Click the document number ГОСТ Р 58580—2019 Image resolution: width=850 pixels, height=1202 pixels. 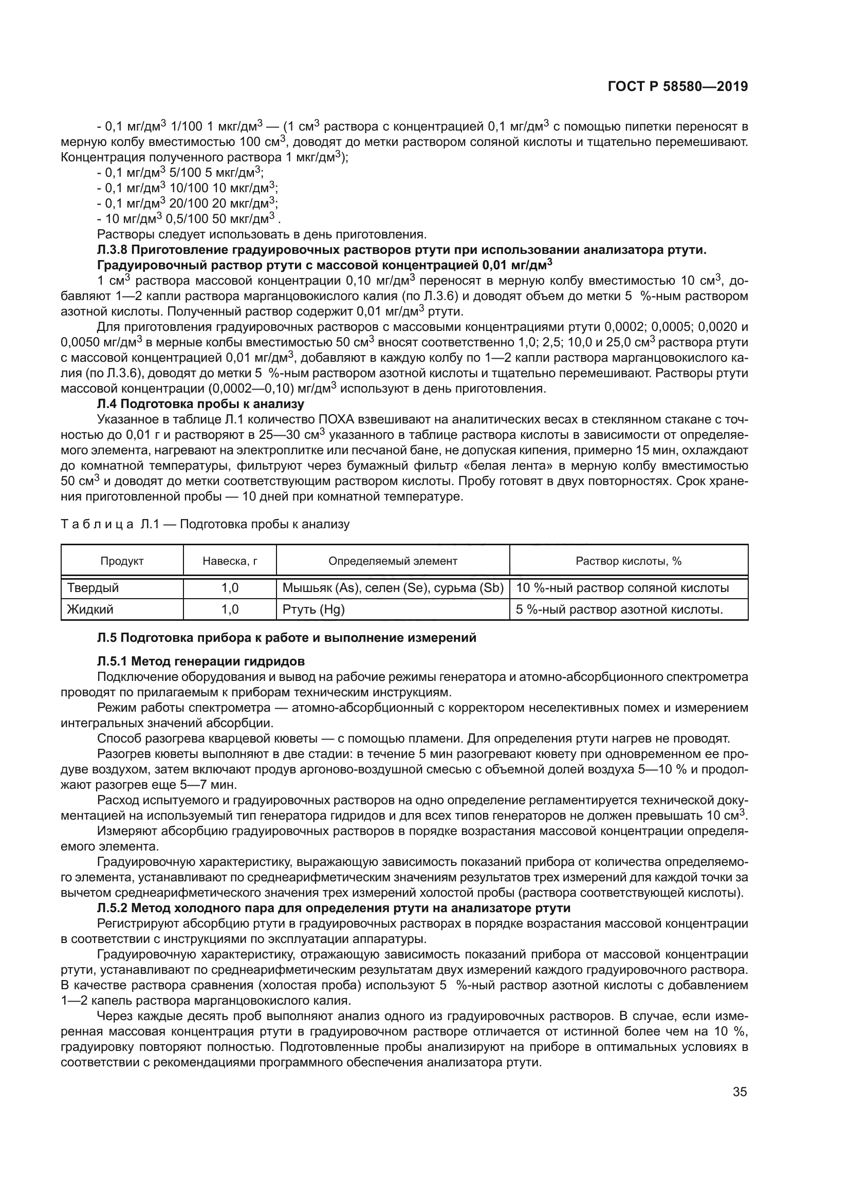(x=677, y=86)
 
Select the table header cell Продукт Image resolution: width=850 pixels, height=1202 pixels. (x=122, y=561)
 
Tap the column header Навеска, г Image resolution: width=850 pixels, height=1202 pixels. (x=230, y=561)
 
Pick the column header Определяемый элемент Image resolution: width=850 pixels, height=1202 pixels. (x=393, y=561)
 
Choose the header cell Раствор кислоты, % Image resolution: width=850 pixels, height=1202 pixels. (x=628, y=561)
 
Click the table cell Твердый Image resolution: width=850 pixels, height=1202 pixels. (x=93, y=588)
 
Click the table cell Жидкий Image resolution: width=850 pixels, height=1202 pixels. (x=90, y=609)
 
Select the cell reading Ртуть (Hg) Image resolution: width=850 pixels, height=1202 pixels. (x=313, y=609)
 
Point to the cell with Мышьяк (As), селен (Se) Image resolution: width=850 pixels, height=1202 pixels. (x=393, y=588)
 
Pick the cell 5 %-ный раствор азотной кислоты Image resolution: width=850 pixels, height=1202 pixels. (x=619, y=609)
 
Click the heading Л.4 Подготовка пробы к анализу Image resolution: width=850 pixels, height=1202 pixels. (x=200, y=403)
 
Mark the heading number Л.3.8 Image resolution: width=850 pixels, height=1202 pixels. (x=113, y=250)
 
